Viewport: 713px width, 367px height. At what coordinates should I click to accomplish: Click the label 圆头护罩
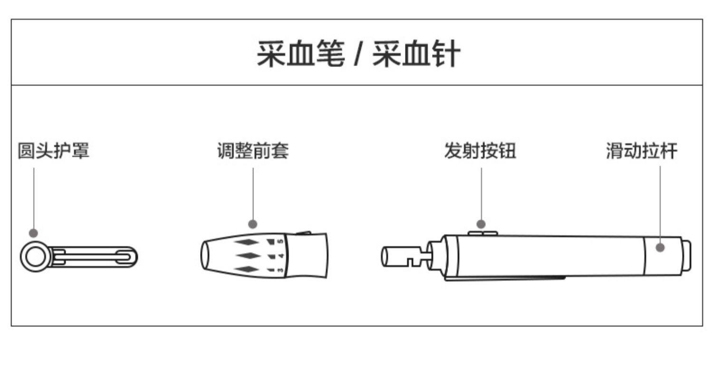click(x=53, y=151)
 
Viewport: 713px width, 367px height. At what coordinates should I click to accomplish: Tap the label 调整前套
click(x=252, y=151)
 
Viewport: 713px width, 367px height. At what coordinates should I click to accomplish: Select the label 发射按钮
click(x=480, y=151)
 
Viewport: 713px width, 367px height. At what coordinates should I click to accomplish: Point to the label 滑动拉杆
click(x=641, y=151)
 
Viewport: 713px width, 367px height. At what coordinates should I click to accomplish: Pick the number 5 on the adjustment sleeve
click(x=280, y=241)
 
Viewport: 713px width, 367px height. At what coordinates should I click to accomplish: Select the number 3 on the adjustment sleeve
click(x=280, y=270)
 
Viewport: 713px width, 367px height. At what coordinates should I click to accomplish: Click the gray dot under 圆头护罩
click(x=33, y=233)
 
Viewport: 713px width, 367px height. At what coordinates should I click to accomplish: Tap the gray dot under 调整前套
click(x=253, y=224)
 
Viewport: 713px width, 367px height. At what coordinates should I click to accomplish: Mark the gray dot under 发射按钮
click(x=481, y=224)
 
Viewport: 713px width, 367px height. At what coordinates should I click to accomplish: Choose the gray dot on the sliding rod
click(x=660, y=247)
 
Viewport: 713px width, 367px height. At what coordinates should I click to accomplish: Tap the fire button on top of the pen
click(x=482, y=233)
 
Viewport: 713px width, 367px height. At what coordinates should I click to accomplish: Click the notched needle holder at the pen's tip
click(x=404, y=257)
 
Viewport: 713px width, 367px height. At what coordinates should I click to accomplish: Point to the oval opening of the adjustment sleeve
click(x=206, y=256)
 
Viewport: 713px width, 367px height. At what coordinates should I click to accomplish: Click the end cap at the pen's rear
click(x=686, y=256)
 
